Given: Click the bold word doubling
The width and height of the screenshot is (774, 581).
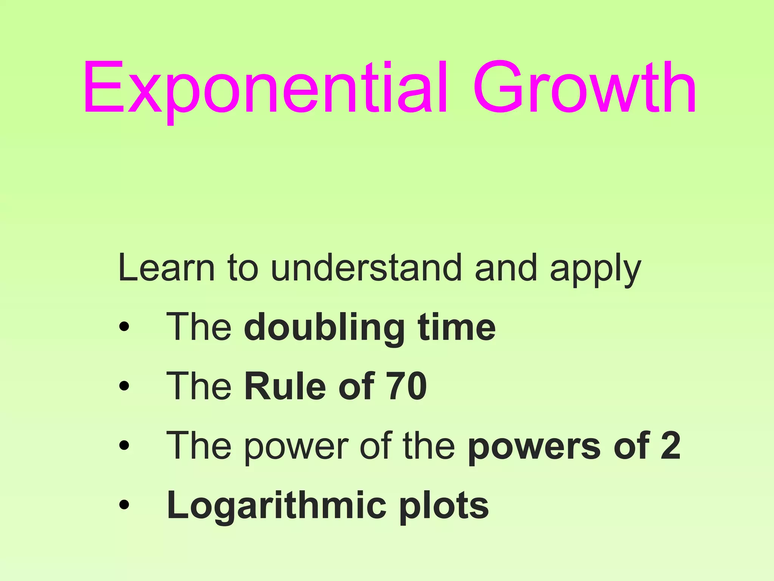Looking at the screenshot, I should pyautogui.click(x=324, y=328).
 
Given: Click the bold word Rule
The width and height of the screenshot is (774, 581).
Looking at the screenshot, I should pyautogui.click(x=285, y=386).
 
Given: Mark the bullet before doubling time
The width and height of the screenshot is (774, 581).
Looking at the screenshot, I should pyautogui.click(x=124, y=326).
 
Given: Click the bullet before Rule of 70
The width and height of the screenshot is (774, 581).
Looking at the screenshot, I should pyautogui.click(x=124, y=386).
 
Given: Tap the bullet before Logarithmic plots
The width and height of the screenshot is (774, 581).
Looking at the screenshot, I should pyautogui.click(x=124, y=505).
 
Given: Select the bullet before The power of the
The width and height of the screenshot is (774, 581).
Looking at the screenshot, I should pyautogui.click(x=124, y=445).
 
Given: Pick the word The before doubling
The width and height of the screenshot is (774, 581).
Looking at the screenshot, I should pyautogui.click(x=199, y=327).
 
